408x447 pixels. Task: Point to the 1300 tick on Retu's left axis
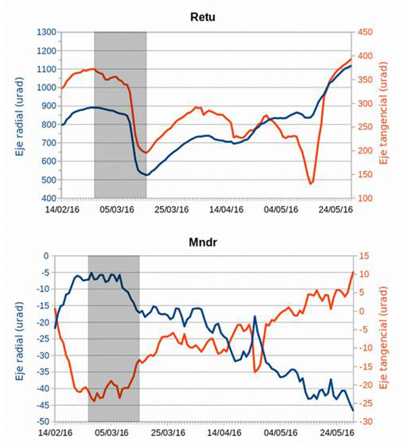point(45,32)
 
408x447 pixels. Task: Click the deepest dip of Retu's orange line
point(311,183)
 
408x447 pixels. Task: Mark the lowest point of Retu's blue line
point(146,175)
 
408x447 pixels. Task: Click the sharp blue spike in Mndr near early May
point(255,316)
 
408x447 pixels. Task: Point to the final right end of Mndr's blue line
point(352,410)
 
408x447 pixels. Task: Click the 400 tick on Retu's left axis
point(48,198)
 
